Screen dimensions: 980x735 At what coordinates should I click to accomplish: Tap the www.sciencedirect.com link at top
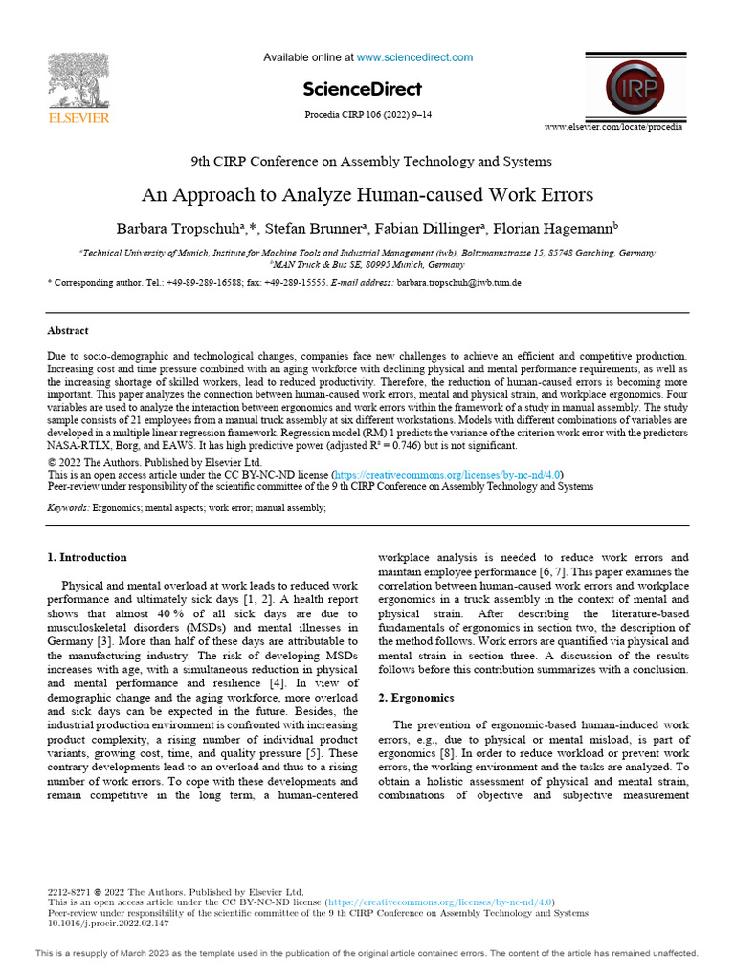(x=414, y=57)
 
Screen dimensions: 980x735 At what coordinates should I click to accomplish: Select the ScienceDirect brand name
(x=362, y=89)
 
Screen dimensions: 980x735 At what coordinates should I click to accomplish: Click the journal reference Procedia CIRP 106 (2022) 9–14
(x=367, y=115)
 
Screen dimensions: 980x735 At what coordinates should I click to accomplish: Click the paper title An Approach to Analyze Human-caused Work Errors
(x=367, y=195)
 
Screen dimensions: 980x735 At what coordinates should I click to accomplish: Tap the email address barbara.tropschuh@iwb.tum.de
(x=459, y=284)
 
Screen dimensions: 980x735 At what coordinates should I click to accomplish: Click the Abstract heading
(x=68, y=331)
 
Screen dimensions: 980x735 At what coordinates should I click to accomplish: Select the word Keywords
(x=68, y=508)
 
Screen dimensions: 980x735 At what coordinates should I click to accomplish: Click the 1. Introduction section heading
(x=87, y=558)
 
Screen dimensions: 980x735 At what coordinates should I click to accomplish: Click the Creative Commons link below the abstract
(x=447, y=474)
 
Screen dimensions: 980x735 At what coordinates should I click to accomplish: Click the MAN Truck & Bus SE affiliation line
(x=367, y=263)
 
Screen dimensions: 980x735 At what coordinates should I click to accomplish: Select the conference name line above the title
(x=367, y=161)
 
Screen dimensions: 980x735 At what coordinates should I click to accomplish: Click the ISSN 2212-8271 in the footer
(x=69, y=890)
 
